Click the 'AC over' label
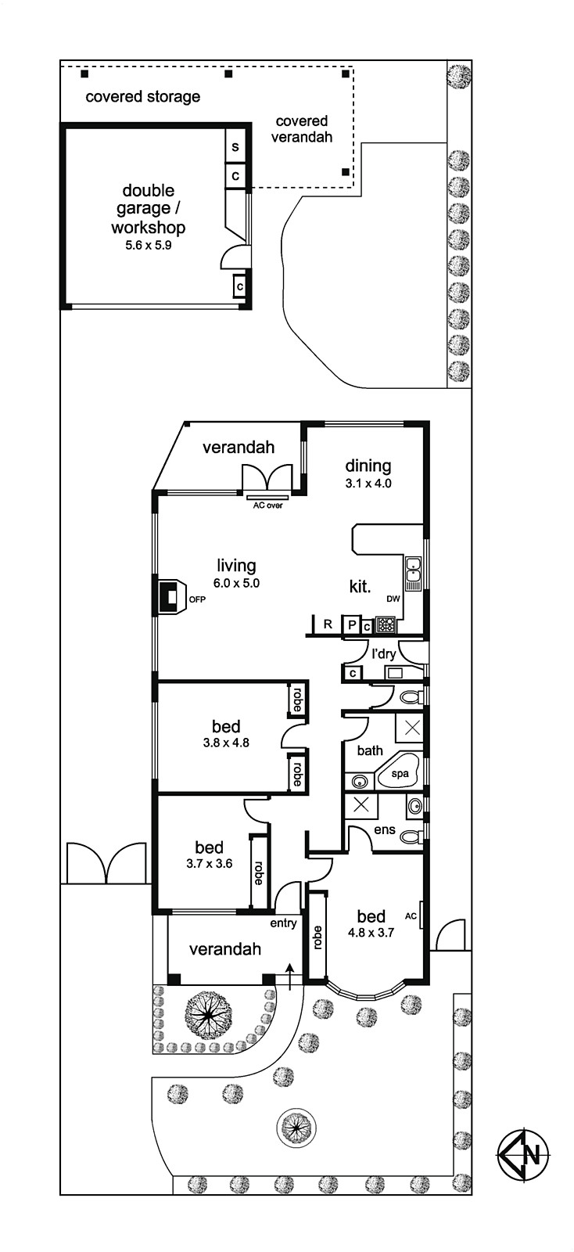point(268,505)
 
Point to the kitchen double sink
point(413,574)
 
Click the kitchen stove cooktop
point(386,624)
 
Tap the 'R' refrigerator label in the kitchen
point(328,624)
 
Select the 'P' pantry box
point(352,624)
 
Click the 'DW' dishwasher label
point(393,599)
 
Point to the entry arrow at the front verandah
point(290,977)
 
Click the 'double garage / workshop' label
point(148,209)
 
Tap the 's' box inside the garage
point(235,146)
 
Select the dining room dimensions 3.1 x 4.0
point(368,484)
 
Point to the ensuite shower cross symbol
point(361,805)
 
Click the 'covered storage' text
point(143,97)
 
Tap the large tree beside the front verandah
point(208,1013)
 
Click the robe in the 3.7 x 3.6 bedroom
point(259,872)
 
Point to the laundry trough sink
point(396,672)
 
